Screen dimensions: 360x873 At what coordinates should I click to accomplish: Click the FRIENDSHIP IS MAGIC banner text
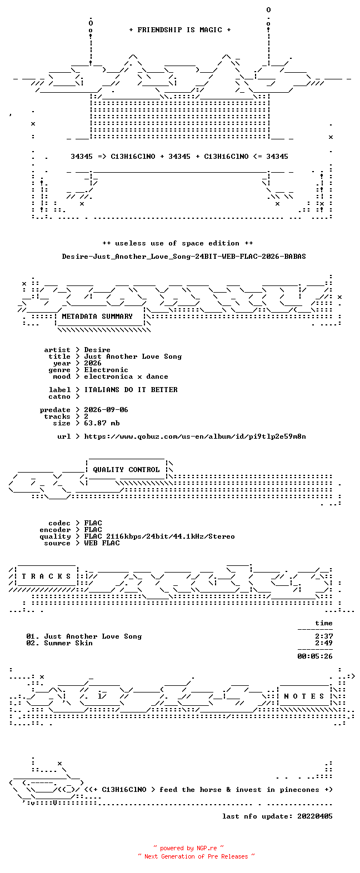tap(180, 30)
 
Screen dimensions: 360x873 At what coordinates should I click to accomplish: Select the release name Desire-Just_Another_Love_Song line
tap(184, 257)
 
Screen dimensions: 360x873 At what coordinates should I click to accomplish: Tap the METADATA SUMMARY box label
tap(97, 317)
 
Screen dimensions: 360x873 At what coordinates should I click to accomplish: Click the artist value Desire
tap(97, 350)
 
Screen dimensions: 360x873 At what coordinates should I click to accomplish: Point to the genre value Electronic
tap(106, 370)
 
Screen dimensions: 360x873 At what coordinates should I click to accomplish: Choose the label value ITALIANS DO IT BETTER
tap(131, 390)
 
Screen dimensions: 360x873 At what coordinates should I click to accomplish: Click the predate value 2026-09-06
tap(106, 410)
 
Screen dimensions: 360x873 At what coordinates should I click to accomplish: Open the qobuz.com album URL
tap(195, 436)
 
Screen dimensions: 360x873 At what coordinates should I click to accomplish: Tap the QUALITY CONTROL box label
tap(126, 470)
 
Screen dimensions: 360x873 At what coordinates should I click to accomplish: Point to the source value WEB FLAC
tap(102, 543)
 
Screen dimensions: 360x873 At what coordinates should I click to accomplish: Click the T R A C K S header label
tap(46, 576)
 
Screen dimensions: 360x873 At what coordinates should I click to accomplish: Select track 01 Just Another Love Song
tap(84, 636)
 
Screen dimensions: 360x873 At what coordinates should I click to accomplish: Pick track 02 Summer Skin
tap(59, 643)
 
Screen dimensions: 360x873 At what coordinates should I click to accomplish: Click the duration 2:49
tap(324, 643)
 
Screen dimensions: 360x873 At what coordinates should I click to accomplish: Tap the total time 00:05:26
tap(315, 656)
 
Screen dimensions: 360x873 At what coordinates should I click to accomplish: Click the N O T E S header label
tap(304, 696)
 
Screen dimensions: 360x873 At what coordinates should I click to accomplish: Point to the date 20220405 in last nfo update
tap(315, 816)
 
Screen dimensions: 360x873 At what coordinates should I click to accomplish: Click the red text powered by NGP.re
tap(189, 849)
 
